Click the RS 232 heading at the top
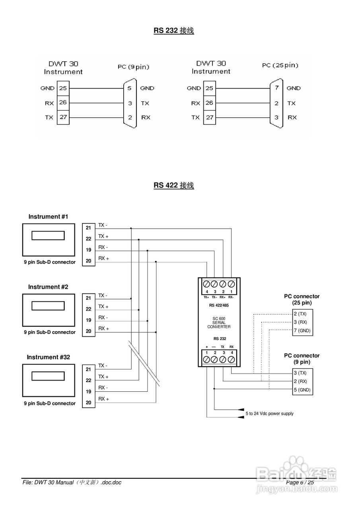pos(174,31)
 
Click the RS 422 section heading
pos(174,185)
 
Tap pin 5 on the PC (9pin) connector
pos(130,88)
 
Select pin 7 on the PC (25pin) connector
pos(276,88)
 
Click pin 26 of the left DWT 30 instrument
pos(63,103)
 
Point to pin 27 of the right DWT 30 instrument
pos(209,118)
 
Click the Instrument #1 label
pos(48,217)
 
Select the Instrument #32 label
pos(48,357)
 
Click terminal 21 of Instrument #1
pos(88,228)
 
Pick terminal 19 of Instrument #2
pos(88,320)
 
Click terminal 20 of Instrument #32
pos(88,402)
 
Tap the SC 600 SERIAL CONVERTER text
pos(219,322)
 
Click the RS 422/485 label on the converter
pos(219,305)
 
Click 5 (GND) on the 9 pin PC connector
pos(302,390)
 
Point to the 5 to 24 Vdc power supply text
pos(269,414)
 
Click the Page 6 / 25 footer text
pos(300,482)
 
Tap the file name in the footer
pos(72,482)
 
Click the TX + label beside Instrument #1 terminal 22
pos(103,236)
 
